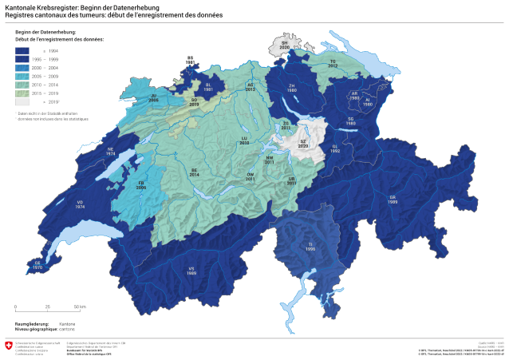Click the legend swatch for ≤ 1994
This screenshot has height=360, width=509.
click(x=22, y=51)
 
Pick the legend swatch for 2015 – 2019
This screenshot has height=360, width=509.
click(x=22, y=93)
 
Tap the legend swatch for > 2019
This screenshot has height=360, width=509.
click(x=22, y=102)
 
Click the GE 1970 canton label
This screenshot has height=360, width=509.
click(x=37, y=265)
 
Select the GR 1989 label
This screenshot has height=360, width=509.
click(x=393, y=198)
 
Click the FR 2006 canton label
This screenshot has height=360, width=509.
click(x=141, y=185)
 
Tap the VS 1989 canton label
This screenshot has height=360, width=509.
click(x=191, y=271)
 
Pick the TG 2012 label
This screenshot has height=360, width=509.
click(x=333, y=63)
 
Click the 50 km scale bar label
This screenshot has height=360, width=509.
click(x=80, y=307)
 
